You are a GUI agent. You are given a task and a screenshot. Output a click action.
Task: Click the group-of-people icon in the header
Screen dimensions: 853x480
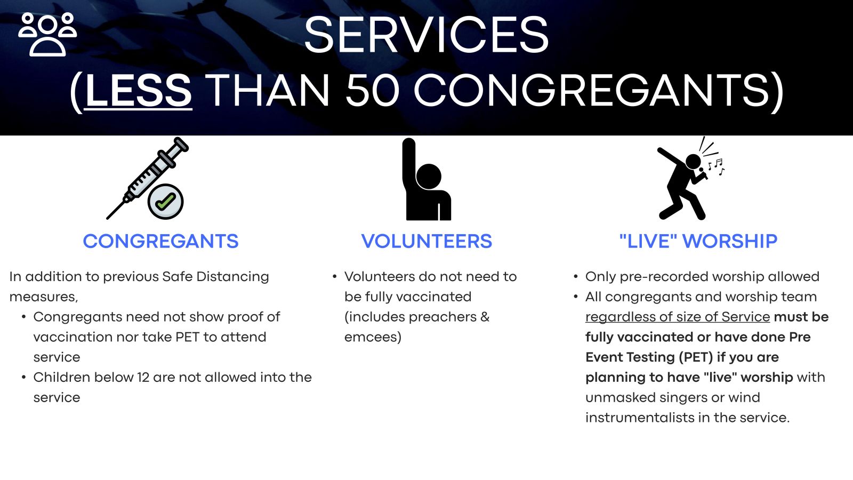[47, 34]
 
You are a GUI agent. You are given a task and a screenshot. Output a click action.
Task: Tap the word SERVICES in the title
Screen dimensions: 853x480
[426, 35]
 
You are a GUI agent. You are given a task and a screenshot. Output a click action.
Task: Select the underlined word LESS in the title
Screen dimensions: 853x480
[138, 91]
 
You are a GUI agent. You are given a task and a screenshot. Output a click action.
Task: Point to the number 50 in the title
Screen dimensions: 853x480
[372, 91]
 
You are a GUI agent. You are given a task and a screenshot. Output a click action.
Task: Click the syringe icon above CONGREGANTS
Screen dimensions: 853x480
[147, 178]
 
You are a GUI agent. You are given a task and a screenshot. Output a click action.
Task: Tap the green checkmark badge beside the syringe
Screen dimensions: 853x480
[166, 202]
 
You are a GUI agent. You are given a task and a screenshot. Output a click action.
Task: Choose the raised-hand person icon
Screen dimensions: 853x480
[426, 179]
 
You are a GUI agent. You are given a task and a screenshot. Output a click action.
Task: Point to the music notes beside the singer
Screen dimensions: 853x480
[716, 166]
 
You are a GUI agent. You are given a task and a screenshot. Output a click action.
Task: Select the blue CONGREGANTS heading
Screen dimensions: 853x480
[160, 241]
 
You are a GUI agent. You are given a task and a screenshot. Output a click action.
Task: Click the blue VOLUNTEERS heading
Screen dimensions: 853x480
[426, 241]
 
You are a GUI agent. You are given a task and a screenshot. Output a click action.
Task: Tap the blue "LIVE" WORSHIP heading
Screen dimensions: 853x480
[698, 241]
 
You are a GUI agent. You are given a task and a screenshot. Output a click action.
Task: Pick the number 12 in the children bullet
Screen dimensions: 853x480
[143, 378]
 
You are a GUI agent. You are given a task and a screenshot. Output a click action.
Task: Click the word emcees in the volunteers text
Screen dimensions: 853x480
[373, 337]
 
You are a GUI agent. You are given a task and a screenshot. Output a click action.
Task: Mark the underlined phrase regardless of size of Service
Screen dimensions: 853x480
[678, 317]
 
